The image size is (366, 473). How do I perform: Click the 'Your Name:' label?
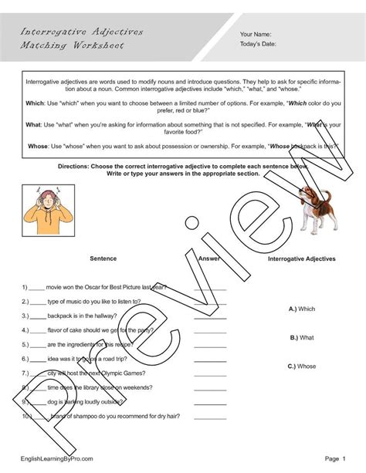(x=256, y=35)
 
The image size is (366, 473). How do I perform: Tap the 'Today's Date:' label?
(x=259, y=46)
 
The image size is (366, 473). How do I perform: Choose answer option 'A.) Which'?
(x=302, y=308)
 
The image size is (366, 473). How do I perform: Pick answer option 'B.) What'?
(x=301, y=337)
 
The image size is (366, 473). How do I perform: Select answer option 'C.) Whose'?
(x=302, y=366)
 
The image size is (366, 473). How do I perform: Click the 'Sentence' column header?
(x=103, y=259)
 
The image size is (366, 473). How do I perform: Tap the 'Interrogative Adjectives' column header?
(x=301, y=259)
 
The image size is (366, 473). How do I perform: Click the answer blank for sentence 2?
(x=209, y=302)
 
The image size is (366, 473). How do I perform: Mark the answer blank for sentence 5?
(x=209, y=345)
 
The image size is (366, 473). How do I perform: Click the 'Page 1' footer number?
(x=334, y=458)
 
